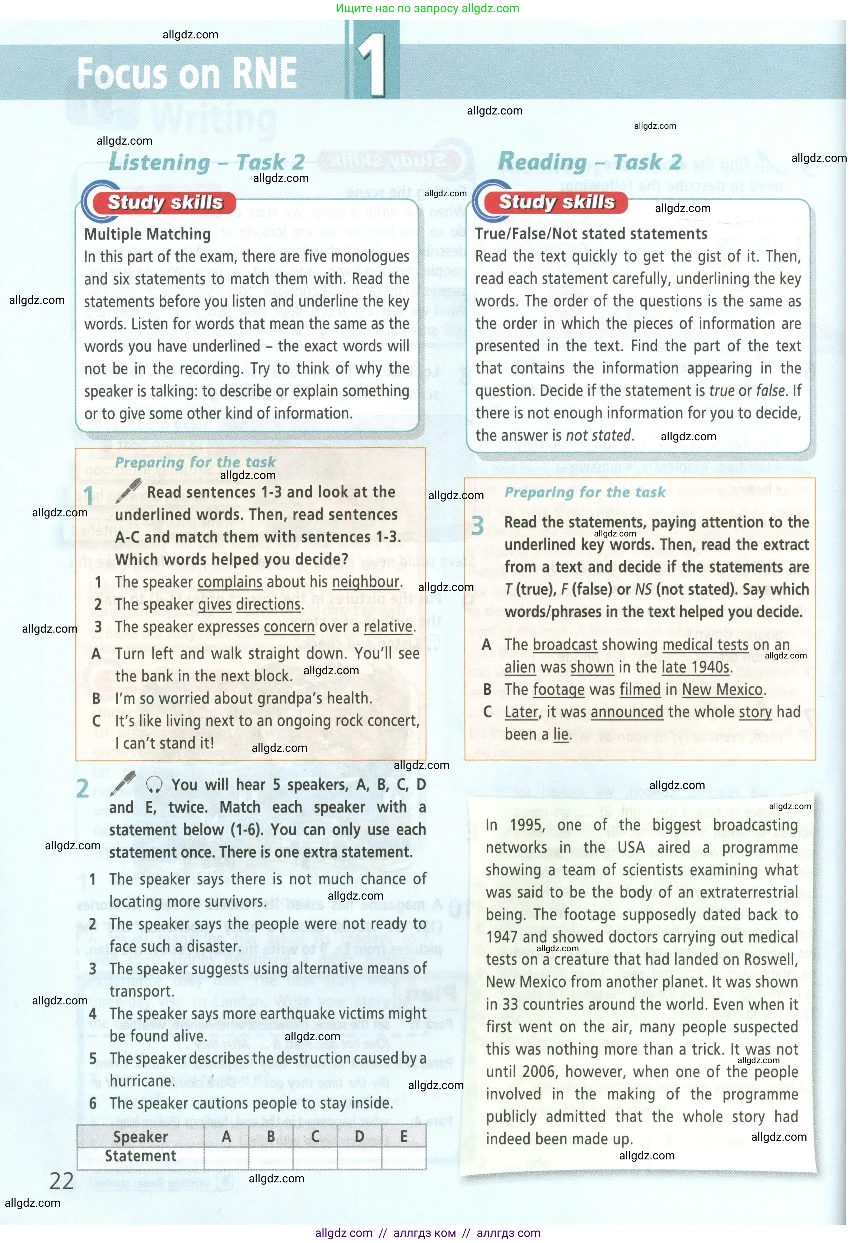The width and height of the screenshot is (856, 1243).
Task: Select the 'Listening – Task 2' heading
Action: point(206,162)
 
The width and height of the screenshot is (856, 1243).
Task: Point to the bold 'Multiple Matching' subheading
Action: point(148,234)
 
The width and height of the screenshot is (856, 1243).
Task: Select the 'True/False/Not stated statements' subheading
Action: point(591,234)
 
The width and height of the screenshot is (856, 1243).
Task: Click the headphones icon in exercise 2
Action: point(154,785)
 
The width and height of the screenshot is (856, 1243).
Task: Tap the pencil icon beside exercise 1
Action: point(129,490)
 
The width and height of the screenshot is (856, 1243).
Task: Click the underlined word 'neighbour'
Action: point(366,582)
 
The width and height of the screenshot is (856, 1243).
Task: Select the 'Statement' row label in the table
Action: point(141,1156)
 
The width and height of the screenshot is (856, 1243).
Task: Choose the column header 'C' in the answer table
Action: point(315,1137)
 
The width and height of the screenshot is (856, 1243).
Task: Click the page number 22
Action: point(62,1181)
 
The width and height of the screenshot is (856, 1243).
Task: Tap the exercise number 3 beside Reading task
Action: point(477,526)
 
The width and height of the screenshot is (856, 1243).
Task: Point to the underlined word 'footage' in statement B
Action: point(558,690)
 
